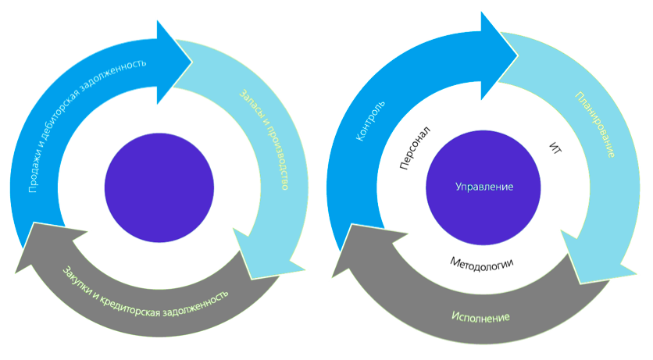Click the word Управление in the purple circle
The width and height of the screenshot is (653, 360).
tap(484, 188)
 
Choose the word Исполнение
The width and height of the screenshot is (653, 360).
tap(481, 317)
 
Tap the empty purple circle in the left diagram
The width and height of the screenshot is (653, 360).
tap(159, 188)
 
